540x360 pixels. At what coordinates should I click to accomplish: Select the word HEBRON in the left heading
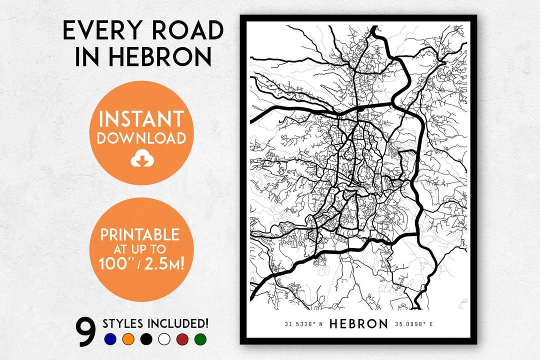[x=157, y=57]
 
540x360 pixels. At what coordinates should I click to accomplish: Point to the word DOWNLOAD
[x=141, y=138]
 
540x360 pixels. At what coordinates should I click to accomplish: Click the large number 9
[x=86, y=332]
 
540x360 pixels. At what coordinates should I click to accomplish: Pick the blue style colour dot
[x=110, y=339]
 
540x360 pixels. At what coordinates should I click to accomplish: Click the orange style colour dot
[x=128, y=339]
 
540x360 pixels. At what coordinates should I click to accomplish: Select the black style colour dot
[x=146, y=339]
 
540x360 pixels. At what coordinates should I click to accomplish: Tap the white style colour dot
[x=164, y=339]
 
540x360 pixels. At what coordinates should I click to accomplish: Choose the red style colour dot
[x=182, y=339]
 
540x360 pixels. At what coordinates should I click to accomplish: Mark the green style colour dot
[x=200, y=339]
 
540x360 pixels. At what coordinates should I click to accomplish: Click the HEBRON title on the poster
[x=358, y=324]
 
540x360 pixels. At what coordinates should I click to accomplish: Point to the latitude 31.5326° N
[x=304, y=324]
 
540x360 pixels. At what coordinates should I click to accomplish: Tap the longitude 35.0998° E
[x=413, y=324]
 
